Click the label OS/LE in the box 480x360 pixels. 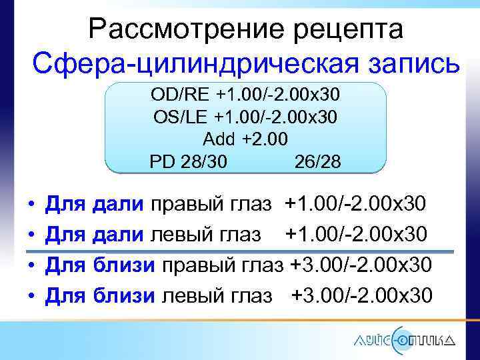(x=180, y=117)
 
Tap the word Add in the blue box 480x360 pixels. (x=219, y=139)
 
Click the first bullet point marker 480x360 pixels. (x=32, y=204)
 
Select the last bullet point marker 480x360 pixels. (x=32, y=294)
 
